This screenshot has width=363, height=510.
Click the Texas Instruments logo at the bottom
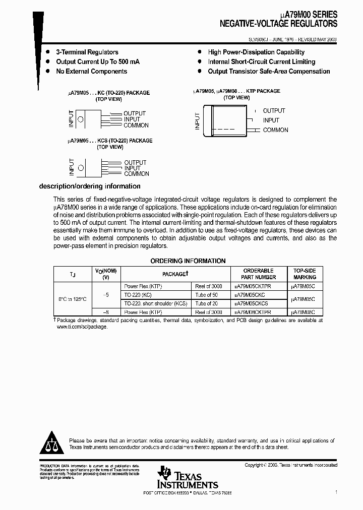point(187,477)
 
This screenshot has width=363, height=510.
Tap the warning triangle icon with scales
point(52,443)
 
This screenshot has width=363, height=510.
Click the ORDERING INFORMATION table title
point(188,261)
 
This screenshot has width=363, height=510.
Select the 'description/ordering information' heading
point(90,186)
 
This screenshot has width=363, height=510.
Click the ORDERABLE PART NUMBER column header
point(258,274)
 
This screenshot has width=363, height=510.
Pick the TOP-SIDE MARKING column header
point(305,274)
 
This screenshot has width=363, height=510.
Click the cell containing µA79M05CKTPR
point(252,286)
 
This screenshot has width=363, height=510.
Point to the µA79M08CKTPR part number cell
point(252,312)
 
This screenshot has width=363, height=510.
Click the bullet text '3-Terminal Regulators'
point(87,52)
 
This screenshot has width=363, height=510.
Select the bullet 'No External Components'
point(91,71)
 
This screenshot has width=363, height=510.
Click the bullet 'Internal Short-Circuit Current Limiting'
point(261,61)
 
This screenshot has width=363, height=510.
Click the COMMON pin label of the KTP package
point(275,130)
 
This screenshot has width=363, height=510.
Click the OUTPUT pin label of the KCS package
point(135,162)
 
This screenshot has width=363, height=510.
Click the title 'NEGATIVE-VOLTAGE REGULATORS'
point(278,24)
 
